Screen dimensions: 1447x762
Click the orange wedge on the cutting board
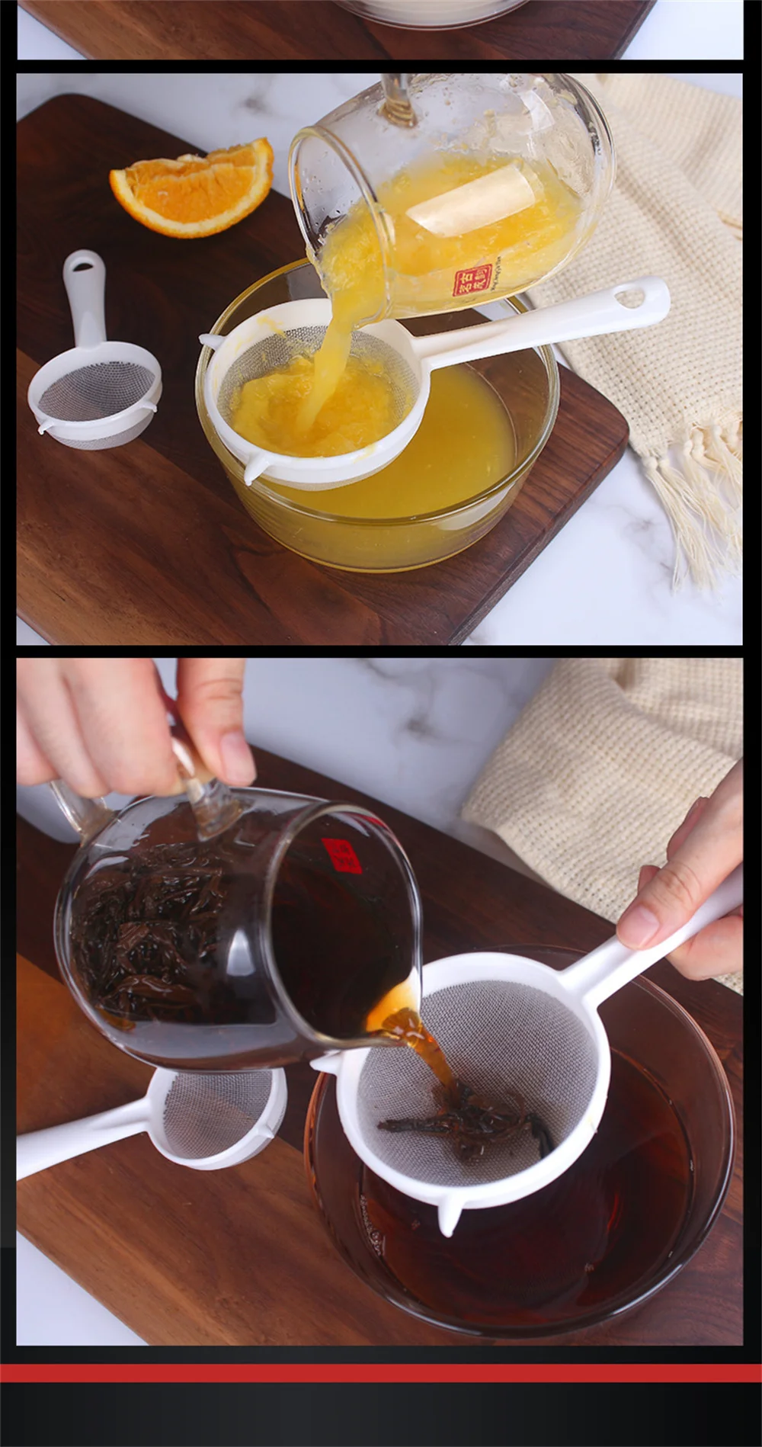click(193, 188)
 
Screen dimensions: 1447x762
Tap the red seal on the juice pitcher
click(473, 280)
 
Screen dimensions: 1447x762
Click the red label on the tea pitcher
click(341, 855)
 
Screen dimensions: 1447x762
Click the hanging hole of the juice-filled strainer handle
click(631, 295)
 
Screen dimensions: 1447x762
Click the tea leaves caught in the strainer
click(472, 1121)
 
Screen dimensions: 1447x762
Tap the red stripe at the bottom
click(381, 1373)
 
